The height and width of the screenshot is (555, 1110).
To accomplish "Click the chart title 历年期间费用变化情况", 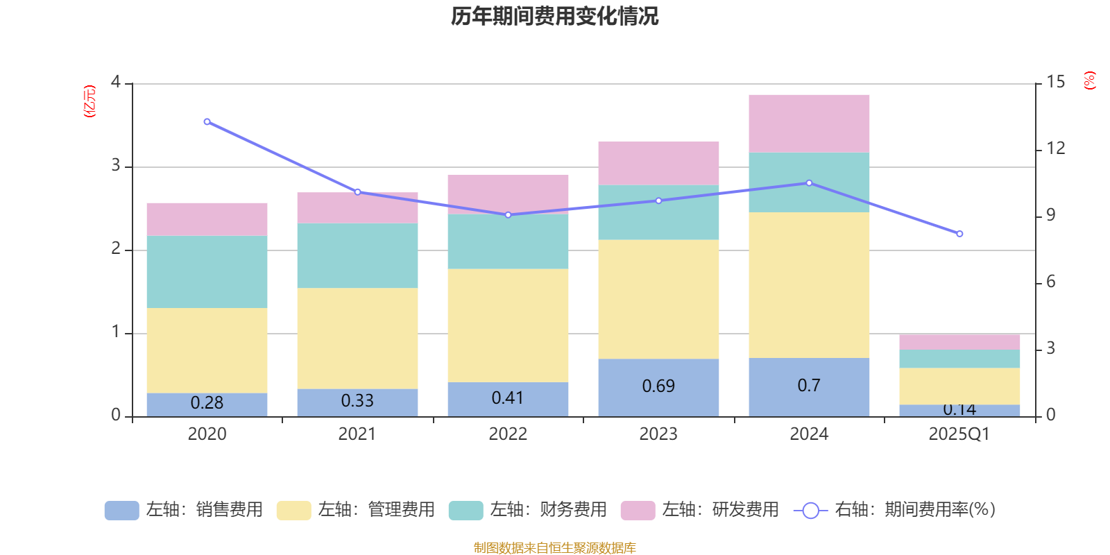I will (554, 16).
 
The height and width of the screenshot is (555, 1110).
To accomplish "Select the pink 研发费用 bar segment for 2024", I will (809, 123).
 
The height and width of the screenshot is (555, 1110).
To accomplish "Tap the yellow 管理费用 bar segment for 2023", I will (658, 299).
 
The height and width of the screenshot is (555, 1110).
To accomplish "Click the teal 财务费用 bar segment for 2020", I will (207, 271).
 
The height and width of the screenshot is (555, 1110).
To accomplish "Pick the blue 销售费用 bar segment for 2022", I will (508, 399).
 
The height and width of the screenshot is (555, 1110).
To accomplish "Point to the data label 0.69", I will (658, 386).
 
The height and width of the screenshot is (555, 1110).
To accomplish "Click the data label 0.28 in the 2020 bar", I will (207, 402).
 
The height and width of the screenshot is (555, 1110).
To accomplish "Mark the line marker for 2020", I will (207, 121).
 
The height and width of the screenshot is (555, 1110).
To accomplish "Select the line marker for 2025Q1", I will (959, 234).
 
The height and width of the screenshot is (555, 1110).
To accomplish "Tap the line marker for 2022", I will (508, 215).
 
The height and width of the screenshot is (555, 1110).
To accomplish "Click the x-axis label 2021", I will (357, 434).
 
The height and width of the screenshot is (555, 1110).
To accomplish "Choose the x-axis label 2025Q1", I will (959, 434).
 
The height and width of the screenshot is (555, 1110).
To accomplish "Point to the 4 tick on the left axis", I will (116, 83).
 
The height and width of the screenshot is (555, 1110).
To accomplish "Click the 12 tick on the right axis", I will (1056, 148).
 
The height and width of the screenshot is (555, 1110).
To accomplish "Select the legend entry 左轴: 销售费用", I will (185, 510).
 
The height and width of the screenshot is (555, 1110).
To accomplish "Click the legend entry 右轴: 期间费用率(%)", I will (895, 510).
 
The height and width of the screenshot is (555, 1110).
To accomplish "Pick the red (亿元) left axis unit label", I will (89, 101).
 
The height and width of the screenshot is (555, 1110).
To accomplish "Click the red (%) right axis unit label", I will (1089, 80).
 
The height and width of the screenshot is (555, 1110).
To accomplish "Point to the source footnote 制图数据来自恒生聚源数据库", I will (554, 548).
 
